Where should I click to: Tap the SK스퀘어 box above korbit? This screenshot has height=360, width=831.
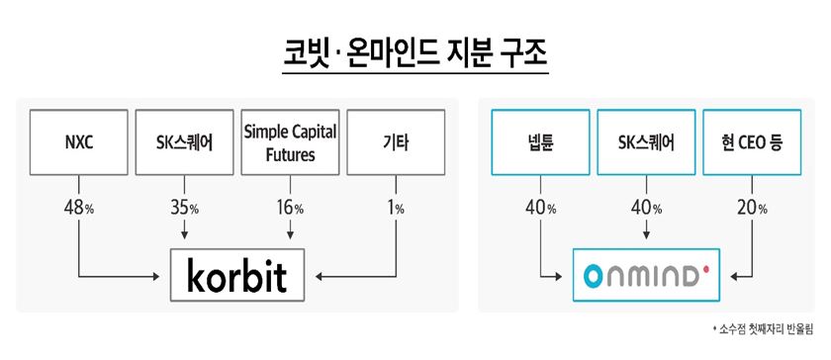(x=184, y=142)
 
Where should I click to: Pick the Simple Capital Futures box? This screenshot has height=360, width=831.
(x=290, y=142)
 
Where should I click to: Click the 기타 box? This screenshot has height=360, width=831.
(x=396, y=142)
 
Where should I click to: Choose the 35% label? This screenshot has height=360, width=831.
(x=184, y=209)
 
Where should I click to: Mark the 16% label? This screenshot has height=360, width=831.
(x=290, y=209)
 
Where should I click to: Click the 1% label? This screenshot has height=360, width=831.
(x=396, y=209)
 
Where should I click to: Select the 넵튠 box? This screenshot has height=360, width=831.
(x=539, y=142)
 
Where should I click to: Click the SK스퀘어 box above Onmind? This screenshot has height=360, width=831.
(x=645, y=142)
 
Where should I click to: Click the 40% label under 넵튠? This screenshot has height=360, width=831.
(x=539, y=209)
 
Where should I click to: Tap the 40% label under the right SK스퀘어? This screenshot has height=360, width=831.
(x=645, y=209)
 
